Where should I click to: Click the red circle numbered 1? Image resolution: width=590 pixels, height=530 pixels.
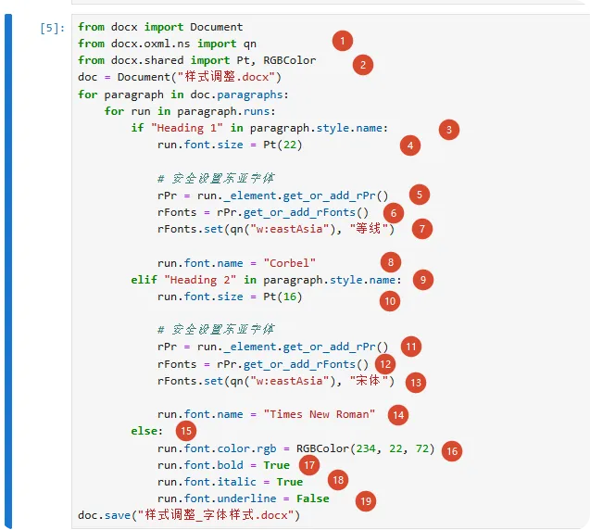343,41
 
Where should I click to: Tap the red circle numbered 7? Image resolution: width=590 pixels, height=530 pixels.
422,229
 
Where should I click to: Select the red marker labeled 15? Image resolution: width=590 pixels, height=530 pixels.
186,431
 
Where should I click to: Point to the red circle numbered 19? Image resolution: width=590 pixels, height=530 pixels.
366,501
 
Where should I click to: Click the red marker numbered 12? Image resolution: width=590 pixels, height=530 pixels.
385,364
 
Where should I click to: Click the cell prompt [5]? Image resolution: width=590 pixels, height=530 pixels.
52,28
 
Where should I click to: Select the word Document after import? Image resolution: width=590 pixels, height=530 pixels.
217,27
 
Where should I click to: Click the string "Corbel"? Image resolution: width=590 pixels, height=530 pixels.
289,263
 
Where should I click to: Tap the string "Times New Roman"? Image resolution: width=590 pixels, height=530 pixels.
319,414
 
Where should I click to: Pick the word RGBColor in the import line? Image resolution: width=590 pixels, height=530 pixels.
289,60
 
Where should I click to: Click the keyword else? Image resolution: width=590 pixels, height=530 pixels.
144,431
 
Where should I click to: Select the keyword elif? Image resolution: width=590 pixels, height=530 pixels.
144,280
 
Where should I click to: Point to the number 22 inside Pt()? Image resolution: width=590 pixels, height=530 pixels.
290,145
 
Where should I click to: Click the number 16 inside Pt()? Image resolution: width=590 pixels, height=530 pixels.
290,297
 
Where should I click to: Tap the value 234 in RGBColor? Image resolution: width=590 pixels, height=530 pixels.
366,448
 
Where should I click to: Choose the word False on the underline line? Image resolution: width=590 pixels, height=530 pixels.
313,498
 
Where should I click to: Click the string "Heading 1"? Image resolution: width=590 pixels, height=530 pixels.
187,128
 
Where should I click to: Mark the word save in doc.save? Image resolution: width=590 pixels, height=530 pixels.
118,515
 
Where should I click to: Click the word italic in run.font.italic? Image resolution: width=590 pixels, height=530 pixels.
236,482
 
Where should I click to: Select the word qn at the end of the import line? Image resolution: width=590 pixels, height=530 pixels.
250,44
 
